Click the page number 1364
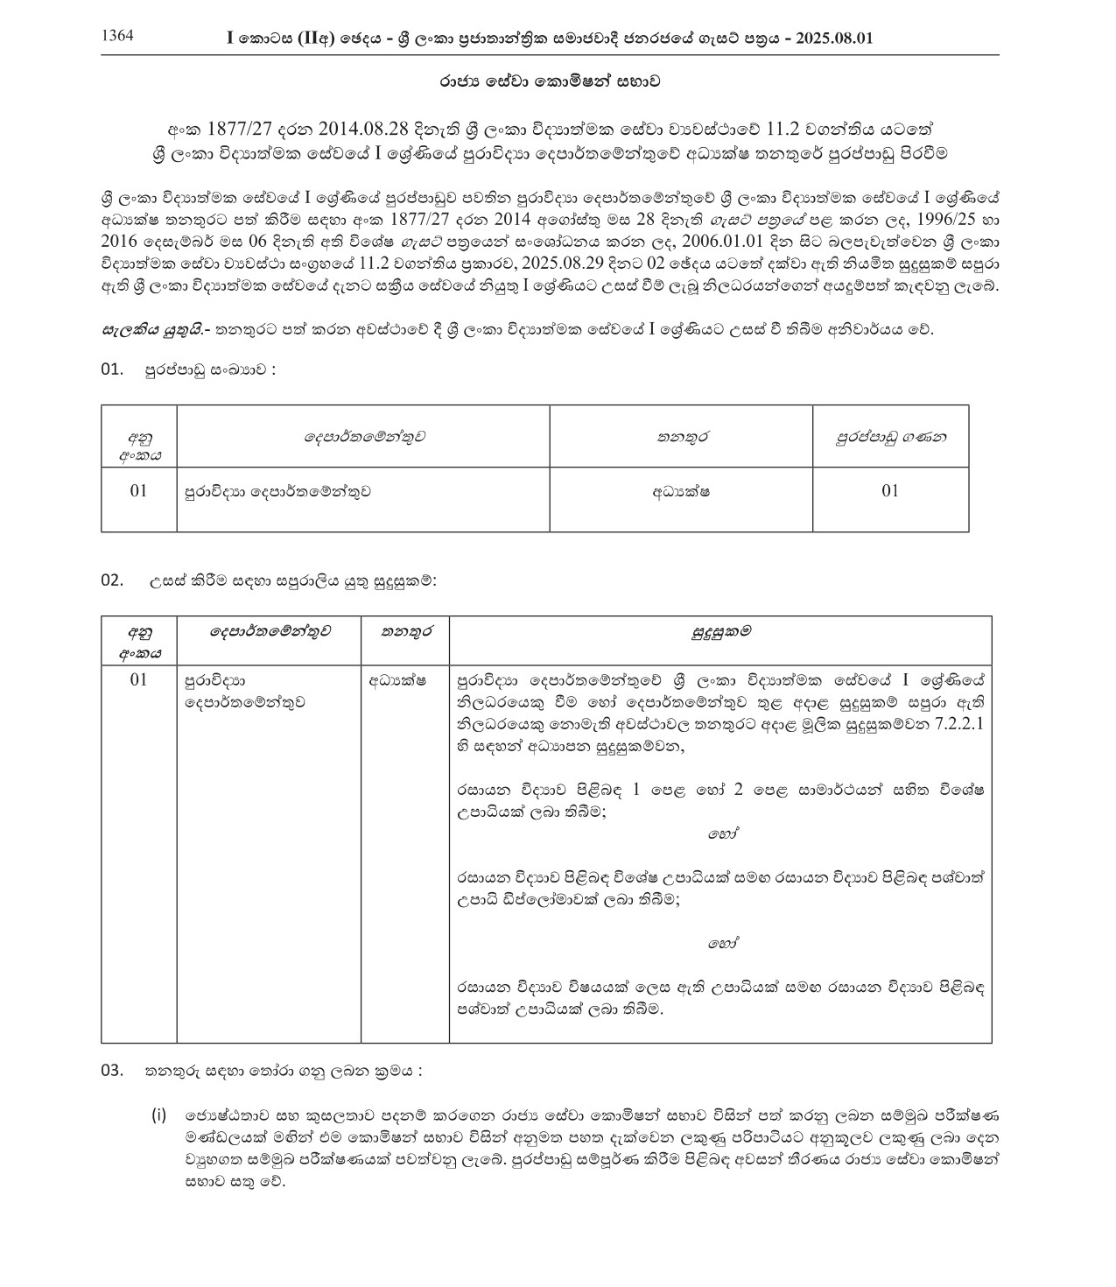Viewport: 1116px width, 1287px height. point(118,37)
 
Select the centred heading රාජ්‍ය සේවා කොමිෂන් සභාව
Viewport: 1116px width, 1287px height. point(549,81)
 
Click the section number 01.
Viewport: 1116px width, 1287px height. point(113,369)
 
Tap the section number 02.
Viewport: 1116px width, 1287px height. point(113,580)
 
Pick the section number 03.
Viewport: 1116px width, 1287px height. point(113,1070)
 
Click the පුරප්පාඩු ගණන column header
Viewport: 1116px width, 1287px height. point(890,436)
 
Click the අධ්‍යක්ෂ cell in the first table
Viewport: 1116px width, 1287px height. point(680,491)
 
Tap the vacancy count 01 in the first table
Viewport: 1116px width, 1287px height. point(890,491)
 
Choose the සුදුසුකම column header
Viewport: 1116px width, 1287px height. point(720,631)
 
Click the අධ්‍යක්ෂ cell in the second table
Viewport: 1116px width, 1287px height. point(397,679)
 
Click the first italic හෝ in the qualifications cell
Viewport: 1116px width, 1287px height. point(721,834)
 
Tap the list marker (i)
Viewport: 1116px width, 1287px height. point(158,1115)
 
